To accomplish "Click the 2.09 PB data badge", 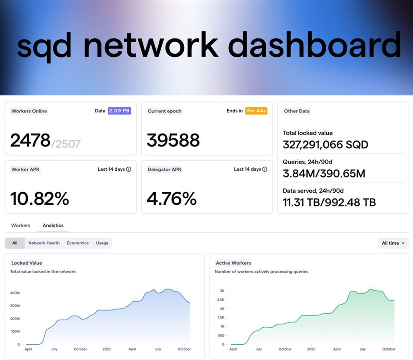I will pyautogui.click(x=119, y=111).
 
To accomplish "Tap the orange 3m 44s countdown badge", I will pyautogui.click(x=256, y=111).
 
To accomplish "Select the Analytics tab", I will pyautogui.click(x=53, y=225).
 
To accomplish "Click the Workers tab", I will pyautogui.click(x=21, y=225).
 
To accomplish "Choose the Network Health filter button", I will pyautogui.click(x=44, y=243).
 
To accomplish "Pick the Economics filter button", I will pyautogui.click(x=78, y=243).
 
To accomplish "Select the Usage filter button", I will pyautogui.click(x=102, y=243).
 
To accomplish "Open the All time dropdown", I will pyautogui.click(x=393, y=243).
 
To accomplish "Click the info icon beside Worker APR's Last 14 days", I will pyautogui.click(x=128, y=169).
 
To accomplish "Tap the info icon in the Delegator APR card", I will pyautogui.click(x=265, y=169).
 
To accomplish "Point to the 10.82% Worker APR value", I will pyautogui.click(x=40, y=199).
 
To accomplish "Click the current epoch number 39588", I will pyautogui.click(x=173, y=141).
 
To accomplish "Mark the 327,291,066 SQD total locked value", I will pyautogui.click(x=325, y=145).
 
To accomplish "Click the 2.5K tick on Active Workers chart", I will pyautogui.click(x=221, y=300).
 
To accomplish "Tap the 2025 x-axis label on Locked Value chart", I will pyautogui.click(x=106, y=349).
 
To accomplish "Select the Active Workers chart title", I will pyautogui.click(x=233, y=263).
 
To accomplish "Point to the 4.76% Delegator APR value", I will pyautogui.click(x=171, y=199).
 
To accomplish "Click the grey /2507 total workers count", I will pyautogui.click(x=66, y=143).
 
